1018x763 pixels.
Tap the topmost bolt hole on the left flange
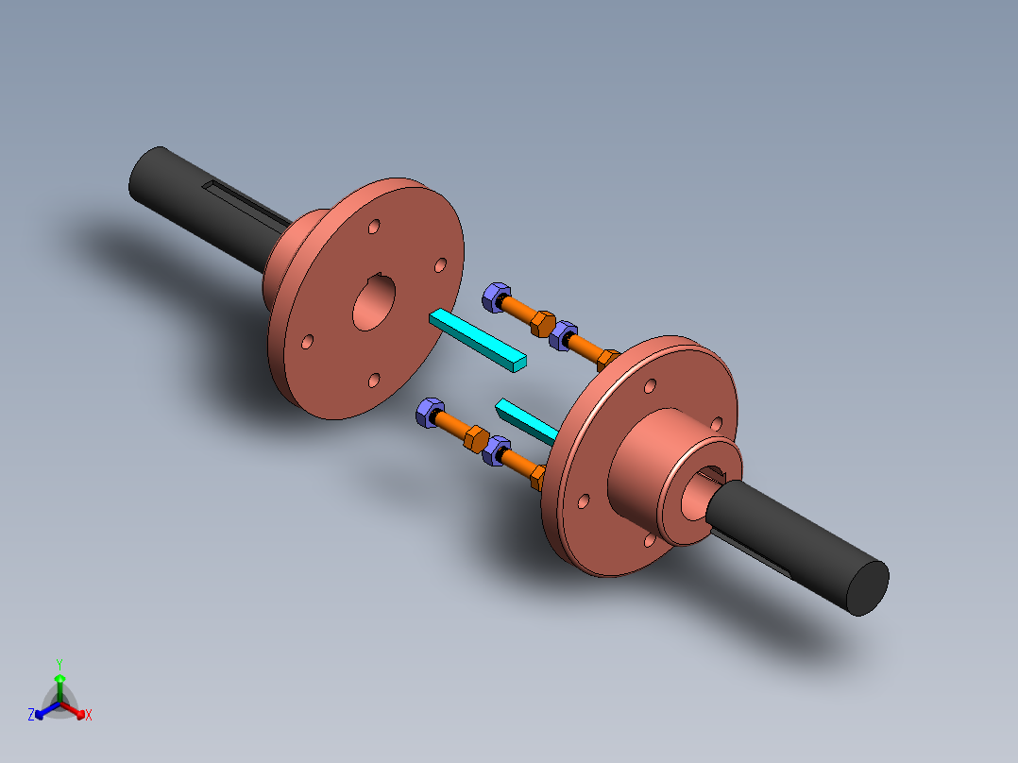click(x=375, y=229)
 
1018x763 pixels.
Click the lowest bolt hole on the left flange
click(x=374, y=380)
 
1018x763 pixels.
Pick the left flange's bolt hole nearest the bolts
click(x=439, y=266)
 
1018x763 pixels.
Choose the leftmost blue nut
click(x=430, y=412)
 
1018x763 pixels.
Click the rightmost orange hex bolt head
click(x=609, y=360)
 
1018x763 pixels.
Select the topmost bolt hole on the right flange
click(x=650, y=385)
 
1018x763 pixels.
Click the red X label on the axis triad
click(x=89, y=716)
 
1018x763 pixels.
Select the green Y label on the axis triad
click(x=59, y=664)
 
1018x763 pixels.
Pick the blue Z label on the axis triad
click(x=31, y=716)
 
